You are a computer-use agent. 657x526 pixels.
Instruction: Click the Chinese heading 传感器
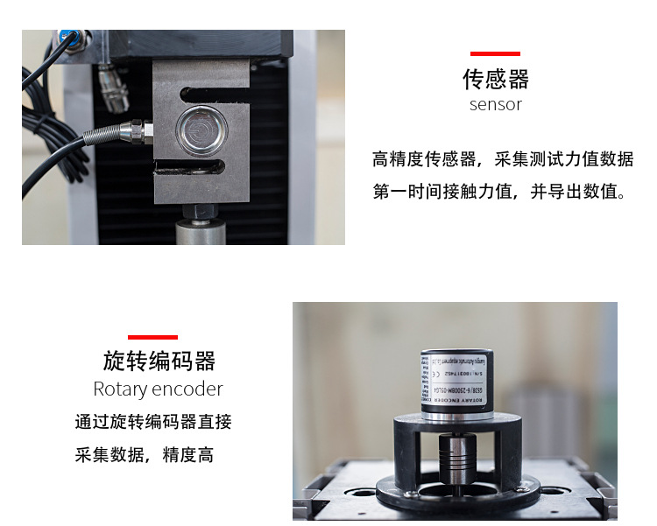[495, 80]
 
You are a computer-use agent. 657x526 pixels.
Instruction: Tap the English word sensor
[495, 105]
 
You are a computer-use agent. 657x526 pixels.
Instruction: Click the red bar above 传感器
[495, 53]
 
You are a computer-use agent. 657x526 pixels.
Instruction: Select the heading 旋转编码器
[159, 361]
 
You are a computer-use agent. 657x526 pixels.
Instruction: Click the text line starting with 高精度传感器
[502, 159]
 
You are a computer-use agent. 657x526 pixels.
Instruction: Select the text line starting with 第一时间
[500, 192]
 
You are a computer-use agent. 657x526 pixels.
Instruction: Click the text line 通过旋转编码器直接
[153, 422]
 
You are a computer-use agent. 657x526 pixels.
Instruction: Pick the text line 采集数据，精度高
[145, 455]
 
